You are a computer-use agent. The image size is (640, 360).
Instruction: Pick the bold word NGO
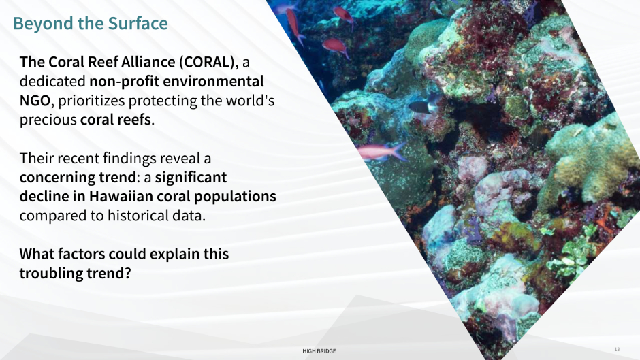[x=35, y=101]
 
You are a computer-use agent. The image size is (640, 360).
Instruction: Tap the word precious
[x=48, y=120]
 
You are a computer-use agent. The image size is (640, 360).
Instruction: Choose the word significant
[x=191, y=178]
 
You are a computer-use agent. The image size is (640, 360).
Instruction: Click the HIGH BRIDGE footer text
[x=319, y=351]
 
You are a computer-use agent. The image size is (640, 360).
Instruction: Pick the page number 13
[x=617, y=349]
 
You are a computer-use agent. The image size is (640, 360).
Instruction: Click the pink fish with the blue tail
[x=381, y=152]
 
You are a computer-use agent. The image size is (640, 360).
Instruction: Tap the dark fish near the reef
[x=420, y=108]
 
